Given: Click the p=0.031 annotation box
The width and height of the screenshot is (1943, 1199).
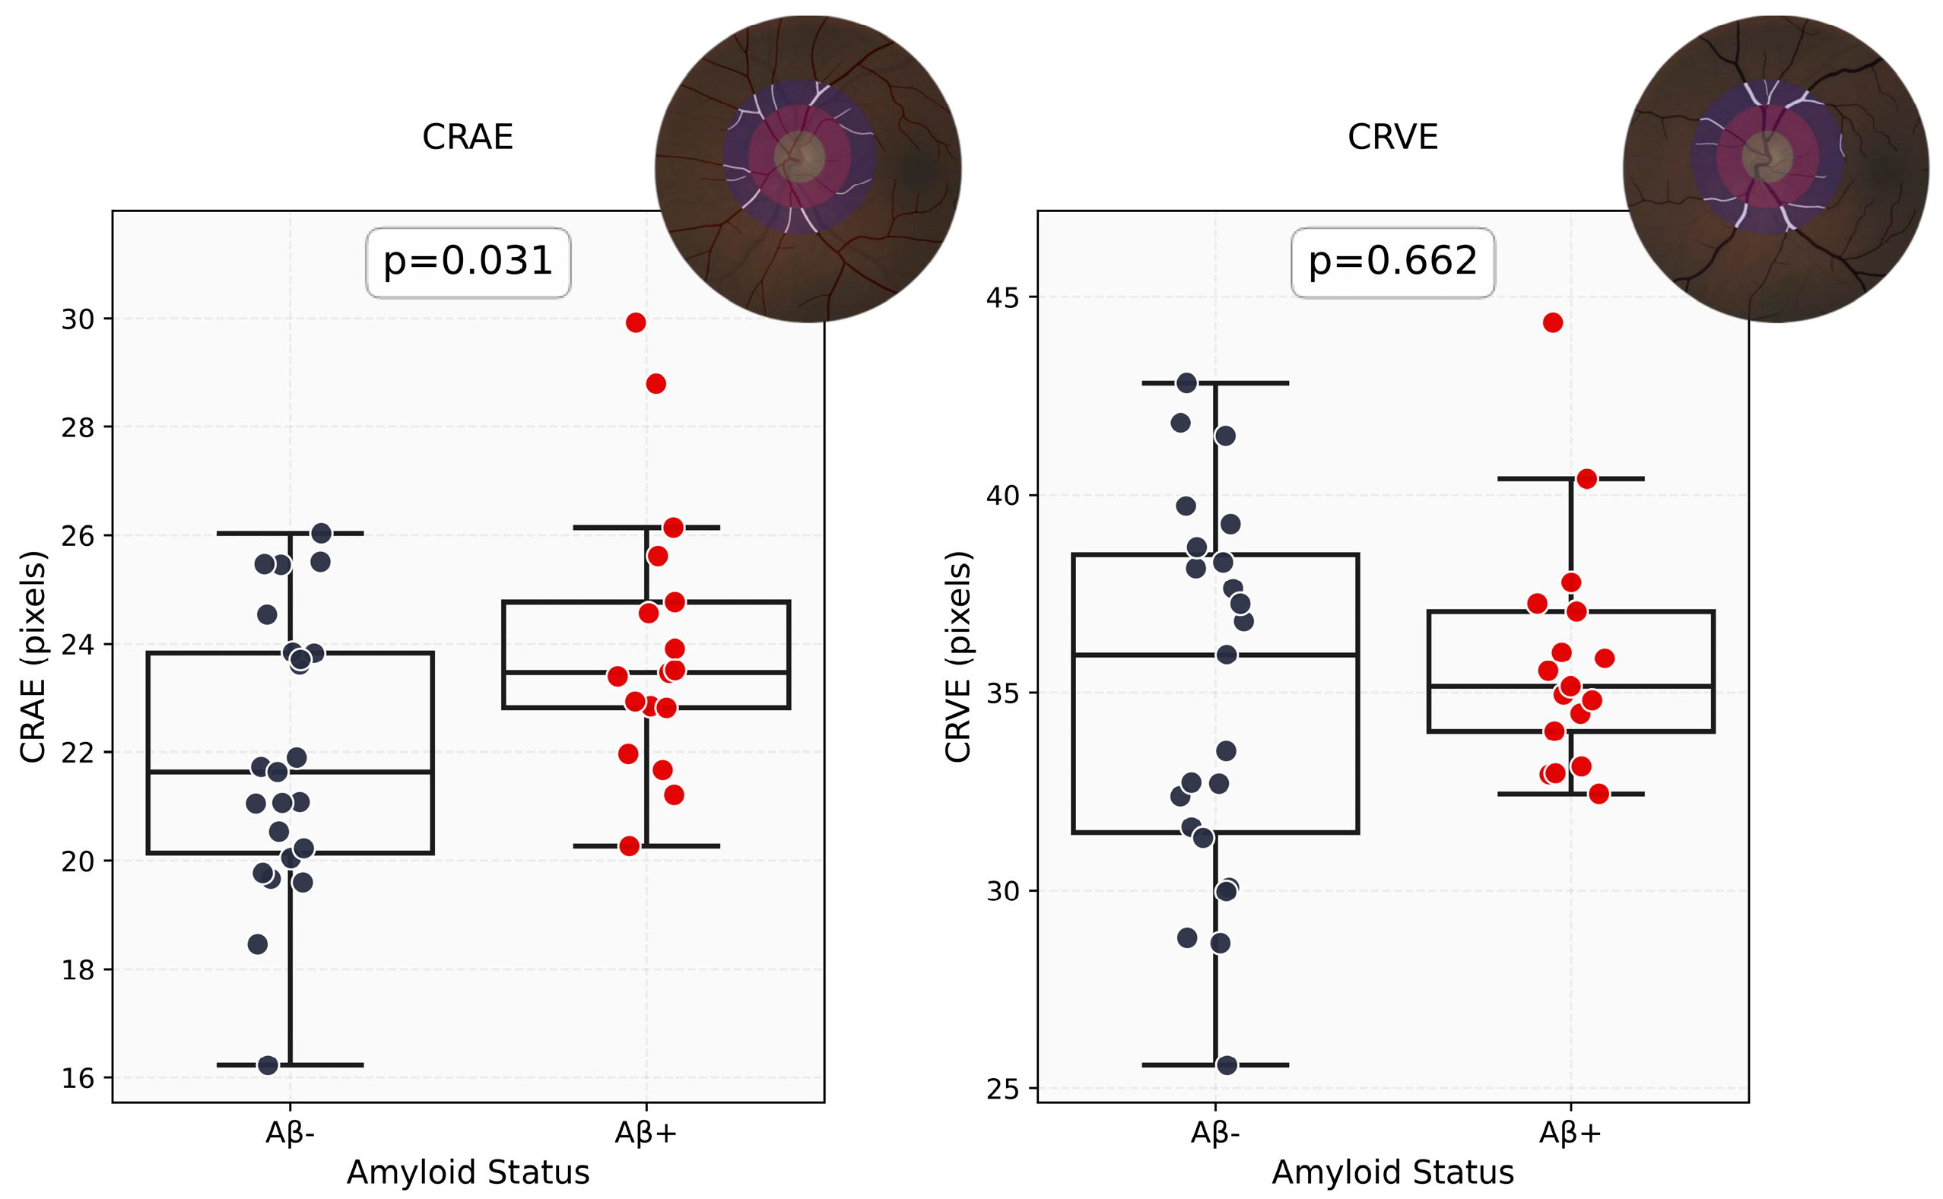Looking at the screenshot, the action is tap(468, 262).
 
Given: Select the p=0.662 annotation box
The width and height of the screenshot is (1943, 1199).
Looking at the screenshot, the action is tap(1392, 262).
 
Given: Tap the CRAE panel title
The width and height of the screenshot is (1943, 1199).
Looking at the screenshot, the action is tap(468, 137).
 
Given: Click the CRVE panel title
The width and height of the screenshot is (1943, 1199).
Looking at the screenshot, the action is tap(1392, 137).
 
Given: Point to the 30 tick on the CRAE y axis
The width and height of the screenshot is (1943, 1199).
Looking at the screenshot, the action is tap(78, 319).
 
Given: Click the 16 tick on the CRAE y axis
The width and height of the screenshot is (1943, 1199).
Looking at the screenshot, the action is tap(78, 1078).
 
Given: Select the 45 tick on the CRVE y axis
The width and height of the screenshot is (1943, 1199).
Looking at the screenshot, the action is tap(1002, 297).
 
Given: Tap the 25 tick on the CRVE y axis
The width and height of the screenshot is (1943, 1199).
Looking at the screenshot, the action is tap(1002, 1090).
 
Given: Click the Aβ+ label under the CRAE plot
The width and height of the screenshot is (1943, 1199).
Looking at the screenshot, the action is tap(646, 1133).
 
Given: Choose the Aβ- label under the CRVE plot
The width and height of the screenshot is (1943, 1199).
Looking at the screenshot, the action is tap(1215, 1133).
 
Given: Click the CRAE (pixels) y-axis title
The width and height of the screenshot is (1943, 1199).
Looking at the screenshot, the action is tap(33, 657).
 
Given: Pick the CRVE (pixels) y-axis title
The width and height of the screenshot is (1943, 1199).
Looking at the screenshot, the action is tap(958, 657).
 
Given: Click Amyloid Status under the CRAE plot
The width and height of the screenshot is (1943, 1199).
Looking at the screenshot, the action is tap(468, 1172).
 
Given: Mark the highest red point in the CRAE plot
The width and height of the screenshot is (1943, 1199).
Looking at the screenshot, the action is tap(635, 322).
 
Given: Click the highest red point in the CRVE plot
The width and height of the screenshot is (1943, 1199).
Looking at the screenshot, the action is tap(1553, 322).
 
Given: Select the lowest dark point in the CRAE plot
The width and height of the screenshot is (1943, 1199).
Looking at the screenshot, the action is tap(268, 1065).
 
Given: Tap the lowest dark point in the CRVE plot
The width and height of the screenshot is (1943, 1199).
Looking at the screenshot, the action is tap(1227, 1065).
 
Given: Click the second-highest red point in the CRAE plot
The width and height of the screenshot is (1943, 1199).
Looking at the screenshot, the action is tap(656, 384).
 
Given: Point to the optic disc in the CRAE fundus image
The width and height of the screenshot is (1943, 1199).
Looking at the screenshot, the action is tap(798, 156).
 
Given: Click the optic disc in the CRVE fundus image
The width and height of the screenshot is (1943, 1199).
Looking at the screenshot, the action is tap(1767, 156).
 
